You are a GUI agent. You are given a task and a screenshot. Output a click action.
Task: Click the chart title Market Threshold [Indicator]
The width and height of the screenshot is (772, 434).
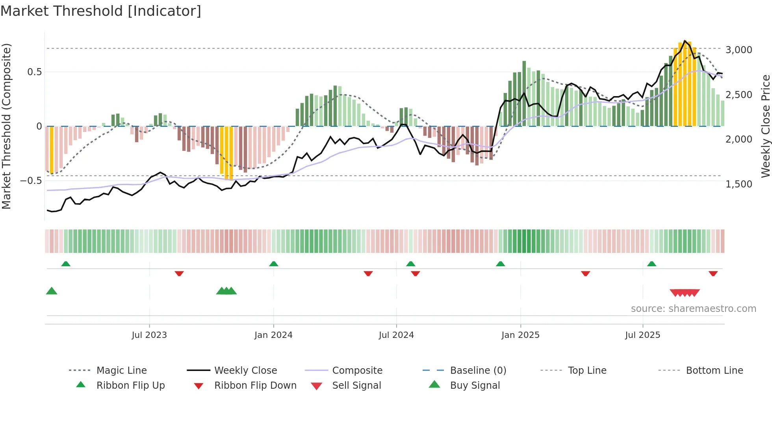point(101,11)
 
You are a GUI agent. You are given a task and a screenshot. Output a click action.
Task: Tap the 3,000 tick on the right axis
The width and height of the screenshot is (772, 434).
point(739,50)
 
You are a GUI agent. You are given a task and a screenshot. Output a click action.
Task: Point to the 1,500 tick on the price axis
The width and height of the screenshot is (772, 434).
point(739,184)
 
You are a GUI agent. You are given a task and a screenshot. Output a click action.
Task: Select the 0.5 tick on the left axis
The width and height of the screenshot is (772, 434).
point(34,72)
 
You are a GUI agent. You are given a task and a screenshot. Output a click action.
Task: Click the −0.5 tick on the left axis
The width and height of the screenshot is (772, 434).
point(31,181)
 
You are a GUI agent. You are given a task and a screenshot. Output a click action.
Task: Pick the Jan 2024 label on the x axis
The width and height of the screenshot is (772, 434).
point(273,335)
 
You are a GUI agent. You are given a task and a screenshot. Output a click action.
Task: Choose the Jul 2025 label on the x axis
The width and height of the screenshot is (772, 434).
point(642,335)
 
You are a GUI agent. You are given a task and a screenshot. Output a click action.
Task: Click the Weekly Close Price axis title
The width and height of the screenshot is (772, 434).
point(765,126)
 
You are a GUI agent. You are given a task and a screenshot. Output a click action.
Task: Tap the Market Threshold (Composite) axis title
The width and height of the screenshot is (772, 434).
point(6,126)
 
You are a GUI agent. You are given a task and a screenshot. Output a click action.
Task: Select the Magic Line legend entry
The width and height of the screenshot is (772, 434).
point(121,371)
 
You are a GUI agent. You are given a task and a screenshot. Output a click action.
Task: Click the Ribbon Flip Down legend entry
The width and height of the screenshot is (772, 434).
point(255,386)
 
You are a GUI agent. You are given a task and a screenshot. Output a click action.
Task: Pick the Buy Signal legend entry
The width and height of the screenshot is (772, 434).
point(475,386)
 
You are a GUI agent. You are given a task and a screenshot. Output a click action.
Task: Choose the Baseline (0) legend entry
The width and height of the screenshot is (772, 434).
point(478,371)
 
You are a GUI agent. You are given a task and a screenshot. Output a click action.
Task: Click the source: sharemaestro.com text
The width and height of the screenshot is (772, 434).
point(693,309)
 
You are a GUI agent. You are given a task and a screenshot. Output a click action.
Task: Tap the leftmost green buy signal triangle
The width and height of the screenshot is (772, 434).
point(52,291)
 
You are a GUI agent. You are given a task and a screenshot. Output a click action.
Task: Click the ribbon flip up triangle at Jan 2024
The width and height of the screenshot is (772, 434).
point(274,263)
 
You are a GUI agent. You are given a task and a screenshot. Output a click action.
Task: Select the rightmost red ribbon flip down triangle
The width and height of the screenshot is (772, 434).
point(713,273)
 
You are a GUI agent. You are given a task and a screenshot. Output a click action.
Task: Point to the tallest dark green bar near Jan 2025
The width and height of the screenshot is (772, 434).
point(524,94)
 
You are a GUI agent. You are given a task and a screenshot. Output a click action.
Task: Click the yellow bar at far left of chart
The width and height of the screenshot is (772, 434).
point(52,150)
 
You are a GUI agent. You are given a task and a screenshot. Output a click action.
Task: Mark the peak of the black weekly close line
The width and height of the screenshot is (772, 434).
point(685,41)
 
